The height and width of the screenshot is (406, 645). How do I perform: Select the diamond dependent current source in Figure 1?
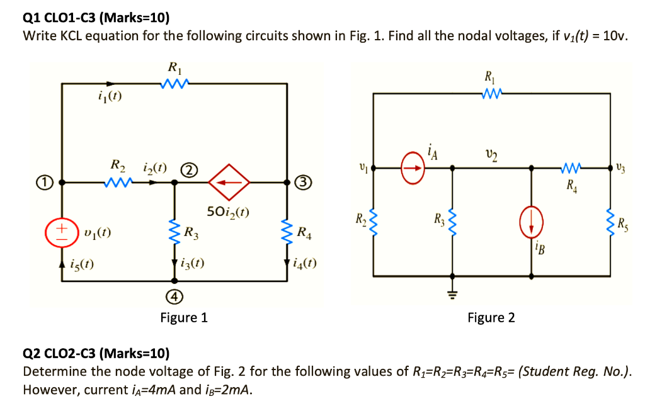[229, 183]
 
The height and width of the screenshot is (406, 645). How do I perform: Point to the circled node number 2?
[188, 169]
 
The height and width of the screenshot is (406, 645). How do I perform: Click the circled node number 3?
[303, 183]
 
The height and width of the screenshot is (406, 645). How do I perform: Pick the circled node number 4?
[175, 296]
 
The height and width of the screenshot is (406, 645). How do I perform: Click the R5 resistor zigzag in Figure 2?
[610, 222]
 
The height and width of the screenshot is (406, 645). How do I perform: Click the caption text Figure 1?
[183, 317]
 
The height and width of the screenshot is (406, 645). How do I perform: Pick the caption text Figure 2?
[491, 317]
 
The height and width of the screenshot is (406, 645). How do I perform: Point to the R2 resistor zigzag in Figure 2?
[374, 222]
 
